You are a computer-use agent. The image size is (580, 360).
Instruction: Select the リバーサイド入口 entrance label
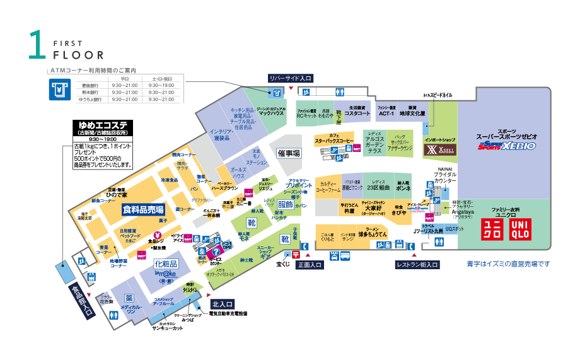[290, 78]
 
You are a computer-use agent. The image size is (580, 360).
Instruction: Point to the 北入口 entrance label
[223, 303]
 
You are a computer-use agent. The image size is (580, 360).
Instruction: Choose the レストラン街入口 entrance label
[417, 265]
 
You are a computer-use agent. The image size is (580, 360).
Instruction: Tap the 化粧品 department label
[166, 264]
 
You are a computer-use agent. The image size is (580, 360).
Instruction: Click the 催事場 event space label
[289, 153]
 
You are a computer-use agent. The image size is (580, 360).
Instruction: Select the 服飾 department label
[286, 205]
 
